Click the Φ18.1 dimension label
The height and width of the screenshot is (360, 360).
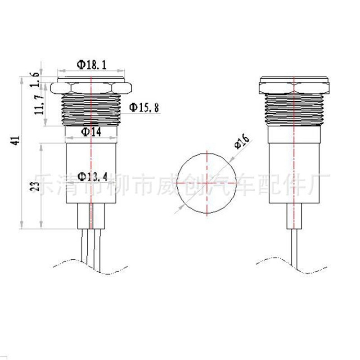pyautogui.click(x=92, y=65)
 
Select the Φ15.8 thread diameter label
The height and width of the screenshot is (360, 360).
pyautogui.click(x=144, y=108)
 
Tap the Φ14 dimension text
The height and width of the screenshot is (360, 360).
pyautogui.click(x=91, y=132)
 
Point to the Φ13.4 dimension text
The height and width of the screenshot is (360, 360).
pyautogui.click(x=92, y=176)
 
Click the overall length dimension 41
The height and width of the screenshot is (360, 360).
pyautogui.click(x=16, y=140)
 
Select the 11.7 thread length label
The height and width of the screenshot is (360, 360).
pyautogui.click(x=39, y=105)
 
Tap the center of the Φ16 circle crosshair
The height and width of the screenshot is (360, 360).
pyautogui.click(x=207, y=183)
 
